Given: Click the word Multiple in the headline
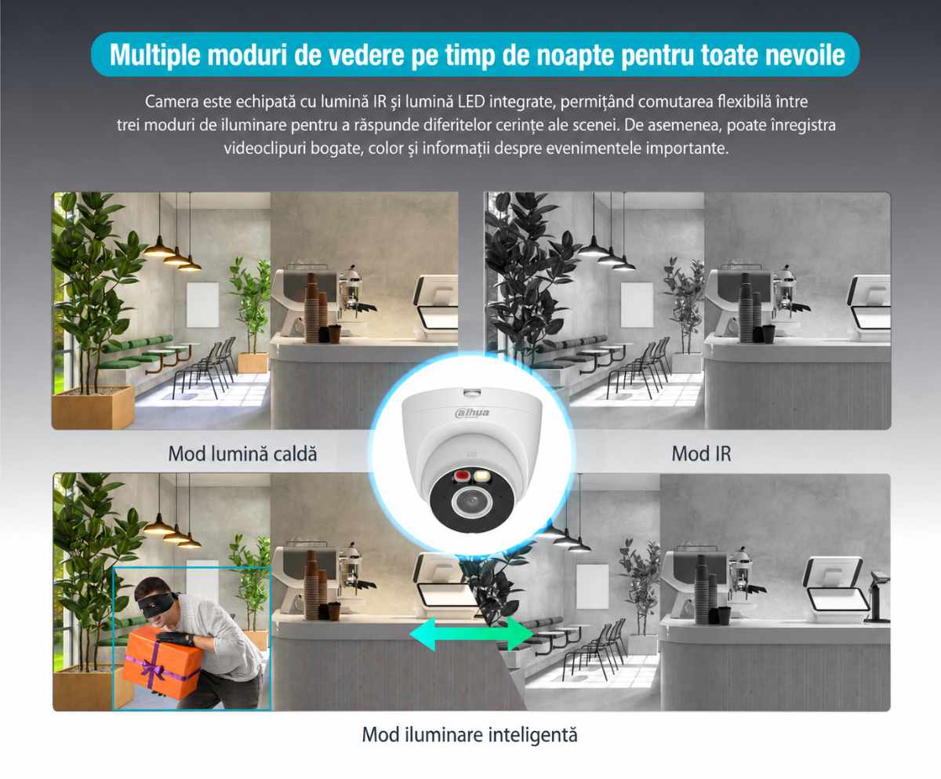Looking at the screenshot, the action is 155,56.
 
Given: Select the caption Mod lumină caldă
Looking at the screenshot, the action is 242,453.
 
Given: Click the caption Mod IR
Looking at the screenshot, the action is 701,453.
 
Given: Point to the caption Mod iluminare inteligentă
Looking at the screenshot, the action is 470,735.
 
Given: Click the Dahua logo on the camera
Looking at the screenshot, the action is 472,413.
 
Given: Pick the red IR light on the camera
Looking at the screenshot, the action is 462,475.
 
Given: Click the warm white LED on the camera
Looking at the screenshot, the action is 480,475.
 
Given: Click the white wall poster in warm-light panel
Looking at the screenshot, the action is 203,304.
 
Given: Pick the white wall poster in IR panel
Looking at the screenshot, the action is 637,304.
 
